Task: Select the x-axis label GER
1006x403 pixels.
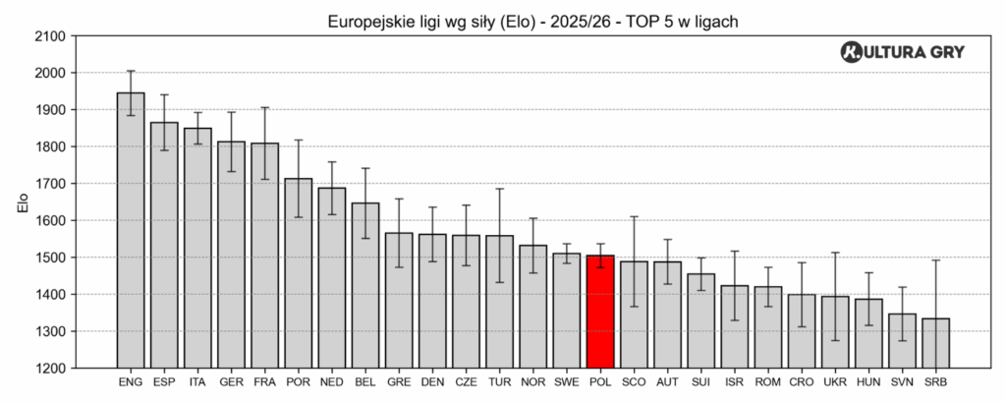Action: [231, 381]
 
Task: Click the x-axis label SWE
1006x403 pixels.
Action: [567, 381]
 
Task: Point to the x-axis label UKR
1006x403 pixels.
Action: [835, 381]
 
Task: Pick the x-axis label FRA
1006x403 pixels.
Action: [264, 381]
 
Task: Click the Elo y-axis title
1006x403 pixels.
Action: [22, 202]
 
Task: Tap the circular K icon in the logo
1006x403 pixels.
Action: [852, 53]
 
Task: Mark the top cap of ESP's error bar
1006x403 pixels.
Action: [164, 94]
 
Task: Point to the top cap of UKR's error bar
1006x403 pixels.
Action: [835, 253]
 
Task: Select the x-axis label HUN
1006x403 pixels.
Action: [868, 381]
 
